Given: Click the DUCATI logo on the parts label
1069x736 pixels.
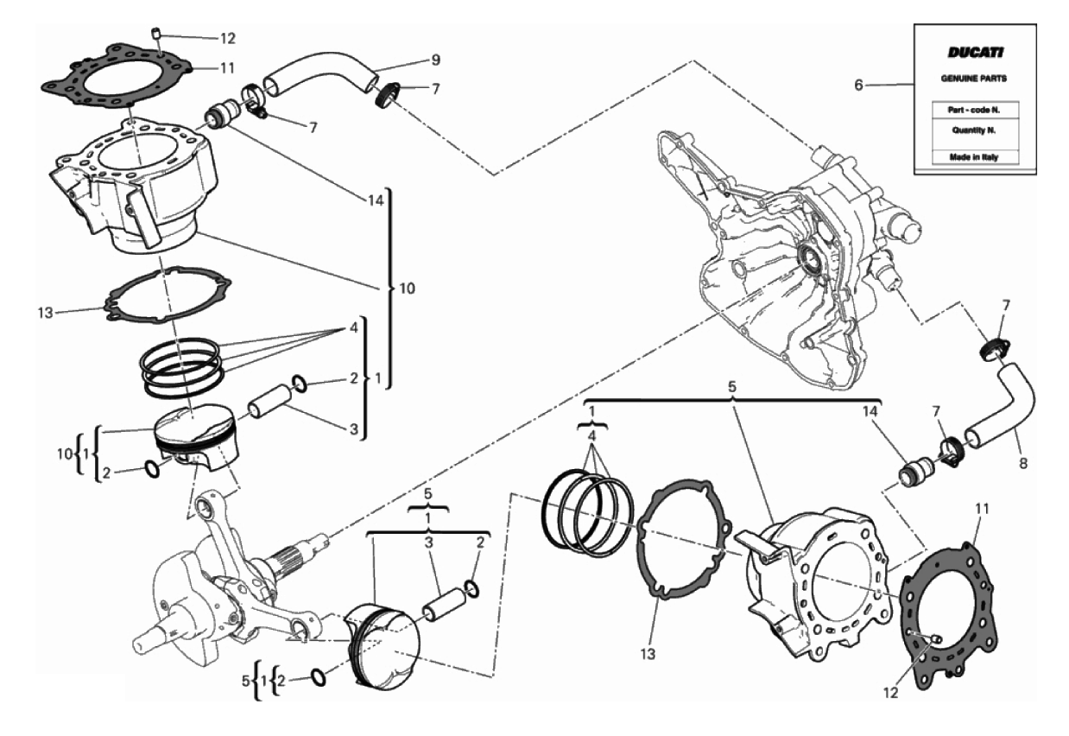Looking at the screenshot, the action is coord(976,52).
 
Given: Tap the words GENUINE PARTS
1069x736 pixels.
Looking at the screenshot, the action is coord(974,79).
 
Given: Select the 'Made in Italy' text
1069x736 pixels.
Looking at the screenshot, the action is coord(974,157).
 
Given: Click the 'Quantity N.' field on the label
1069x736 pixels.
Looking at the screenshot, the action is coord(974,130).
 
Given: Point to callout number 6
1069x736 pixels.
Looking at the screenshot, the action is coord(858,86).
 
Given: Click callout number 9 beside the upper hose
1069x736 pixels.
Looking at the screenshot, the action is coord(435,60).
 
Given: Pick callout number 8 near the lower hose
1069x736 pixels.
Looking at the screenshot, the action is coord(1023,464).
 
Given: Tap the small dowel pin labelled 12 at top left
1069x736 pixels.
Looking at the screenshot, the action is coord(158,34).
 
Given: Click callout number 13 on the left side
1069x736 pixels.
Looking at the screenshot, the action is coord(46,313).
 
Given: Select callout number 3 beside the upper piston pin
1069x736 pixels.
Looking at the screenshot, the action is coord(354,429).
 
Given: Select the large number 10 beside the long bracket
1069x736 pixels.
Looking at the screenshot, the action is coord(407,289).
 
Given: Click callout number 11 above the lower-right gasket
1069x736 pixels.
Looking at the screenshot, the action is coord(981,510).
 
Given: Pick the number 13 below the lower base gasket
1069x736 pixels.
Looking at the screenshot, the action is coord(648,655).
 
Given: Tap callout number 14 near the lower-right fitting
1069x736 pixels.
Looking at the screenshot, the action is coord(870,411).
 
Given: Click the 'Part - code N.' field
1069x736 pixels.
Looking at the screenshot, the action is coord(974,110).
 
